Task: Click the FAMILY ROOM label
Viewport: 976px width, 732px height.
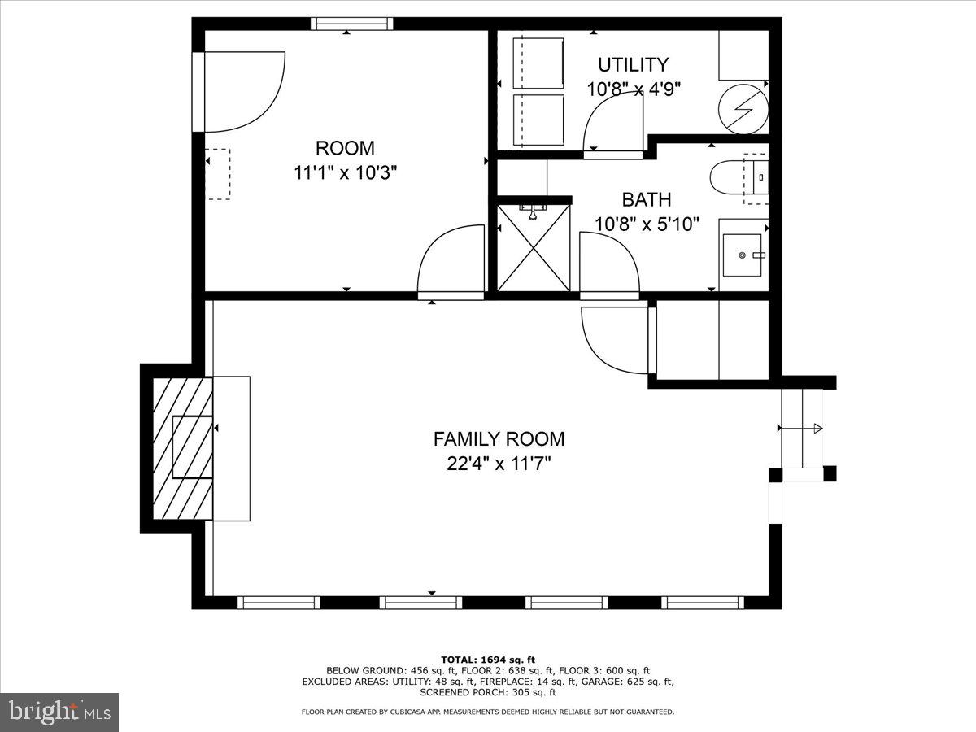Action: pyautogui.click(x=498, y=439)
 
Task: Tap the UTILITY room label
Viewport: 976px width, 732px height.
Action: pyautogui.click(x=633, y=64)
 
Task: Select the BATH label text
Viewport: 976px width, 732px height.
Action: pyautogui.click(x=647, y=199)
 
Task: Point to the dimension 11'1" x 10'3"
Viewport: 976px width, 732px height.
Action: pyautogui.click(x=345, y=172)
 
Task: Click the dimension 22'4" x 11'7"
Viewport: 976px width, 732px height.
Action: pyautogui.click(x=498, y=464)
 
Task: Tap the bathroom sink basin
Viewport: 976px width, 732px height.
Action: pyautogui.click(x=742, y=255)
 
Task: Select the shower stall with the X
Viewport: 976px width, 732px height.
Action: pyautogui.click(x=534, y=247)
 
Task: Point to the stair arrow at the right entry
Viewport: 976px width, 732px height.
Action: pyautogui.click(x=801, y=428)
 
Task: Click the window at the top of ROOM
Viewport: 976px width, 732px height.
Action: pyautogui.click(x=352, y=24)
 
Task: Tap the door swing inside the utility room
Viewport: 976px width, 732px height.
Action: pyautogui.click(x=612, y=128)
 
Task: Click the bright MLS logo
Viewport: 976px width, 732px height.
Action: pyautogui.click(x=59, y=712)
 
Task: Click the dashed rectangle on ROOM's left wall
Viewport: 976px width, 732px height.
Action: pyautogui.click(x=217, y=173)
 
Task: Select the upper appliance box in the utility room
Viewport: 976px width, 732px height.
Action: pyautogui.click(x=538, y=63)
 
